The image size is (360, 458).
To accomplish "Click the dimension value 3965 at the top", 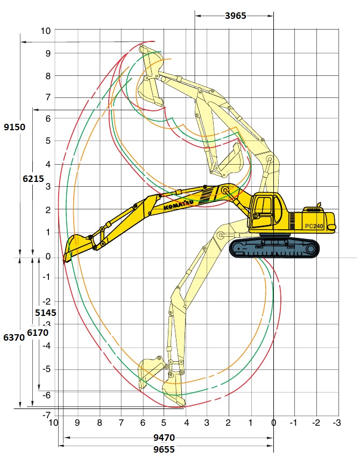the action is pos(235,16).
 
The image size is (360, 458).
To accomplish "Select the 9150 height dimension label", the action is pos(15,127).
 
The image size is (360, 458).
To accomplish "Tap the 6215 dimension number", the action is pos(33,179).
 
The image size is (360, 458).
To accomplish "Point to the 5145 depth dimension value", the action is pos(46,313).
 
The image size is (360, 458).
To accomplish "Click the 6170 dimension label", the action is pos(38,333).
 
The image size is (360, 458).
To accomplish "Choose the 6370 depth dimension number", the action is pos(14,337).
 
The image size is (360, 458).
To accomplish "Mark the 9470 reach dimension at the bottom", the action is pos(164,437).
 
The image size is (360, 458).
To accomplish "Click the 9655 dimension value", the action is pos(164,449).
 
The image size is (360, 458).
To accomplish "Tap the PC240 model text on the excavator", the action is pos(314,226).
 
